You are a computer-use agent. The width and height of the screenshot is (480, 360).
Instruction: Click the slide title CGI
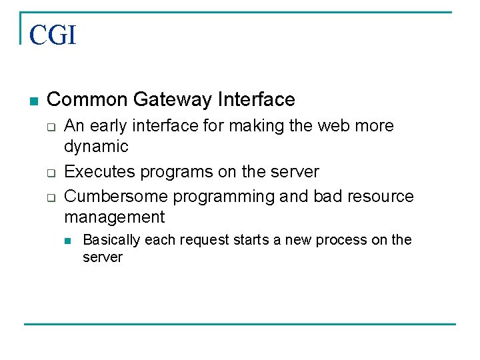coord(53,35)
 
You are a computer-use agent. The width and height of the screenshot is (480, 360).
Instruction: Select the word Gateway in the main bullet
coord(172,100)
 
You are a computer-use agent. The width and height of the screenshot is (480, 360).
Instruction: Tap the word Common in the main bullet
coord(87,100)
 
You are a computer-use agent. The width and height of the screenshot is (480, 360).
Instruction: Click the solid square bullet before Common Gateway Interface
coord(34,101)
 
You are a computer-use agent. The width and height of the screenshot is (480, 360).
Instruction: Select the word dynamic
coord(96,147)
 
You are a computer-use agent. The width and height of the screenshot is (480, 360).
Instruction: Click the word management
coord(114,217)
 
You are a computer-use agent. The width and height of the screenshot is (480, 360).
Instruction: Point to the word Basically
coord(111,240)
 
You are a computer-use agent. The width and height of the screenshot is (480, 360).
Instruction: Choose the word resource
coord(382,197)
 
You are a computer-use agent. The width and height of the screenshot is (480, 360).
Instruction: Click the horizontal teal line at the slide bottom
coord(240,325)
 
